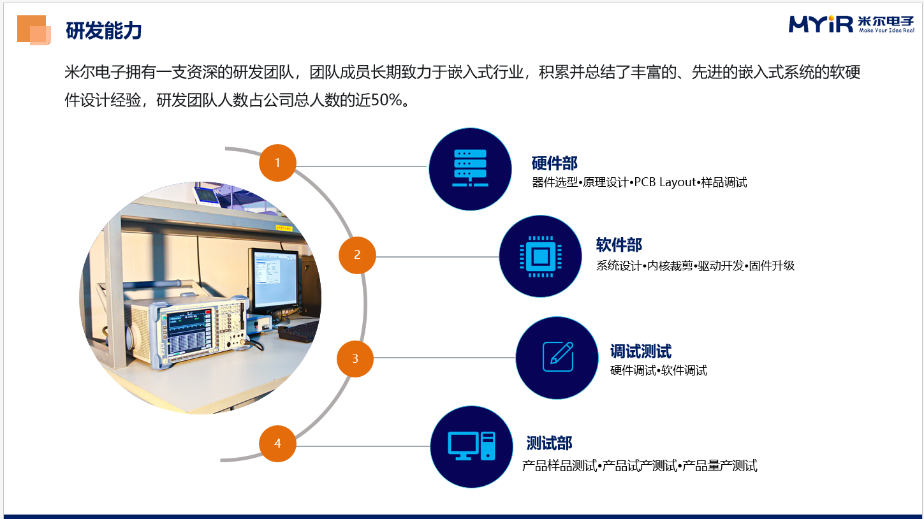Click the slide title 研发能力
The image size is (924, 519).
click(103, 31)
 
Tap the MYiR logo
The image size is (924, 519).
click(851, 24)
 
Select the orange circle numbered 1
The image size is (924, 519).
click(277, 163)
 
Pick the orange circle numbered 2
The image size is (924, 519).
click(357, 255)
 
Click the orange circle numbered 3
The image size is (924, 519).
click(355, 358)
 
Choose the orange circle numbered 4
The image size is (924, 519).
click(277, 444)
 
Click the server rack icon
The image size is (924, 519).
click(470, 168)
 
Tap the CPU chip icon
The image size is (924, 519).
click(540, 256)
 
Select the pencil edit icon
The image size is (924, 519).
click(558, 357)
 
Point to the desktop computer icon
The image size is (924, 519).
click(471, 446)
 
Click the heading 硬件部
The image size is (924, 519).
click(554, 163)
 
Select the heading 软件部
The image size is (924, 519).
click(619, 245)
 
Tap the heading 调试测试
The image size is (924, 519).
click(641, 351)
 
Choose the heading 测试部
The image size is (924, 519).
click(550, 444)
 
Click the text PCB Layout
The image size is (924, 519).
click(665, 182)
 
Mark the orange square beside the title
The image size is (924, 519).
click(34, 30)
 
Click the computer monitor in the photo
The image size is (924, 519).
click(274, 281)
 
